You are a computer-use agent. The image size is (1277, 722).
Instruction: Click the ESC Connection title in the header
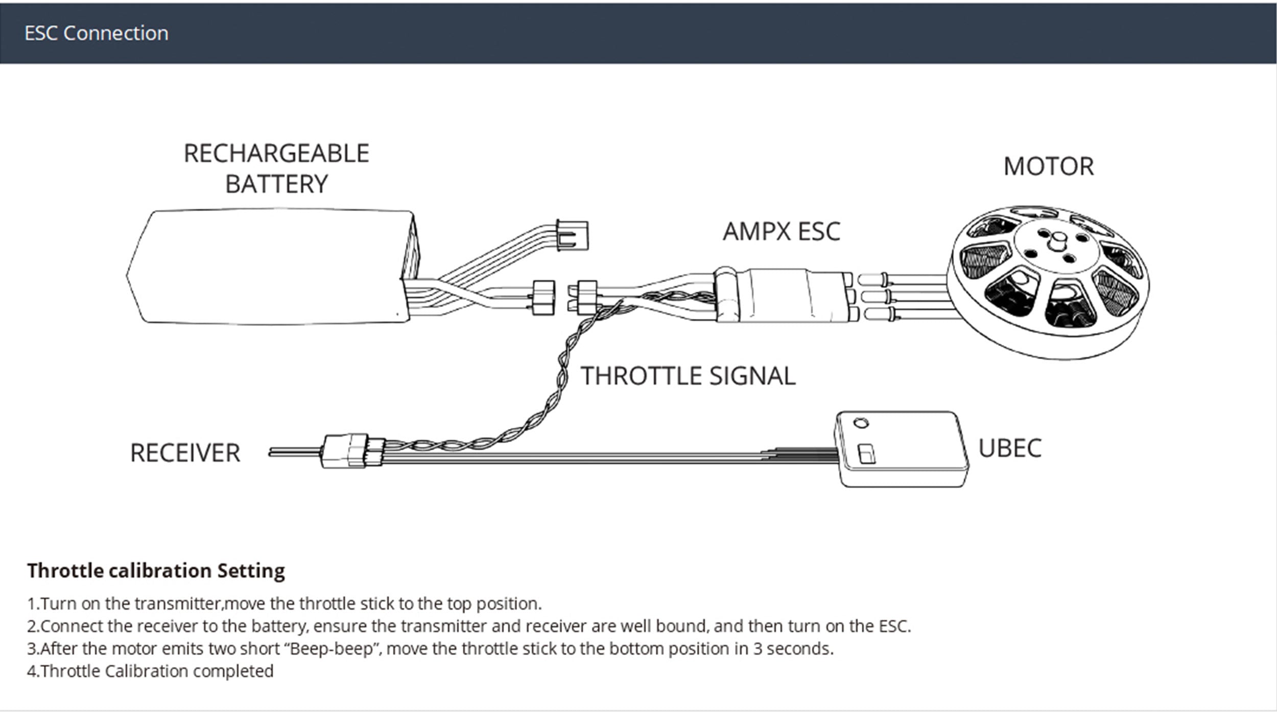96,33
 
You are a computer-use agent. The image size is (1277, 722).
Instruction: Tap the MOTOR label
1049,167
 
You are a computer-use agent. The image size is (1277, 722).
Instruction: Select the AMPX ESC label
781,231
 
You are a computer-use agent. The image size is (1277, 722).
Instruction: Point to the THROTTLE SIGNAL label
688,376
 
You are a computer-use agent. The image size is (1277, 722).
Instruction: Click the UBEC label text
1009,449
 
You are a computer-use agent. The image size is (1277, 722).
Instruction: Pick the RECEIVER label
185,453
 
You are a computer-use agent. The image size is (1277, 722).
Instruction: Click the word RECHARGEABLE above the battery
276,154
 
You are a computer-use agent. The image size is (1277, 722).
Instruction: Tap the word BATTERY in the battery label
276,184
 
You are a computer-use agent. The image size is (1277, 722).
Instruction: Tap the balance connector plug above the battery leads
572,236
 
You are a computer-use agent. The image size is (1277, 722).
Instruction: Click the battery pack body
271,266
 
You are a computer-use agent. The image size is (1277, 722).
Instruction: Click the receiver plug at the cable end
352,451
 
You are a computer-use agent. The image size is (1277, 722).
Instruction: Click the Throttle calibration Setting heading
156,571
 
